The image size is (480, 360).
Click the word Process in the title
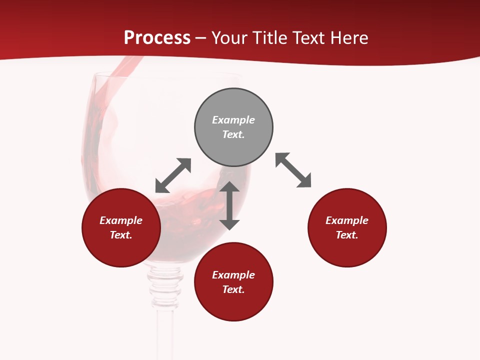click(157, 38)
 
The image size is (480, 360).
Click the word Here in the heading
click(349, 38)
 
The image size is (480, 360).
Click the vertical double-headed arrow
click(229, 205)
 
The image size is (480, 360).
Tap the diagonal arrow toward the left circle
click(173, 175)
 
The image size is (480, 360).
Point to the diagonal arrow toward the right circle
click(293, 170)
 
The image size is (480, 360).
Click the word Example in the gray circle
click(233, 120)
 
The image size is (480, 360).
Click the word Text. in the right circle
click(347, 235)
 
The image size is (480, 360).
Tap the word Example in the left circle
click(121, 220)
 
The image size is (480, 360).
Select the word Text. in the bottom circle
click(233, 289)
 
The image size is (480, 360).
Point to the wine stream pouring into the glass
click(120, 75)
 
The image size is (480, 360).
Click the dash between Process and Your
click(201, 38)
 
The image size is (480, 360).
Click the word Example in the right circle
click(347, 220)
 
